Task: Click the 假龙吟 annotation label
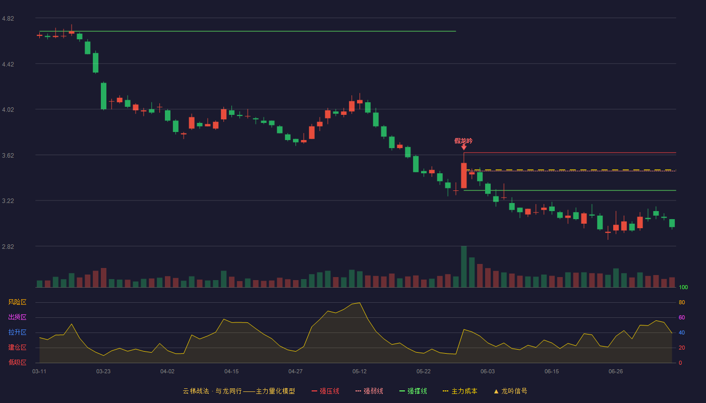463,141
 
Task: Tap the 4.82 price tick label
8,19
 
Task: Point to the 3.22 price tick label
8,201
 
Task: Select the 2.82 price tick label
8,246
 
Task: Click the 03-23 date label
103,372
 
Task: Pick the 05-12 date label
360,372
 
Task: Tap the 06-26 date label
616,372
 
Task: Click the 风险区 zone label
17,302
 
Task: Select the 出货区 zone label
17,317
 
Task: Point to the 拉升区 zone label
17,332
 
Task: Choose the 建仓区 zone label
17,347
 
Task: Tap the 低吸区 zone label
17,362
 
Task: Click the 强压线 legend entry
325,391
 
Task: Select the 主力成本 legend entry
460,391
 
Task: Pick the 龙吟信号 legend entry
510,391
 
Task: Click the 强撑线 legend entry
413,391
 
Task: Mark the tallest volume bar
464,266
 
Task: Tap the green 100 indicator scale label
683,287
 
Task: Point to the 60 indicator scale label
682,317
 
